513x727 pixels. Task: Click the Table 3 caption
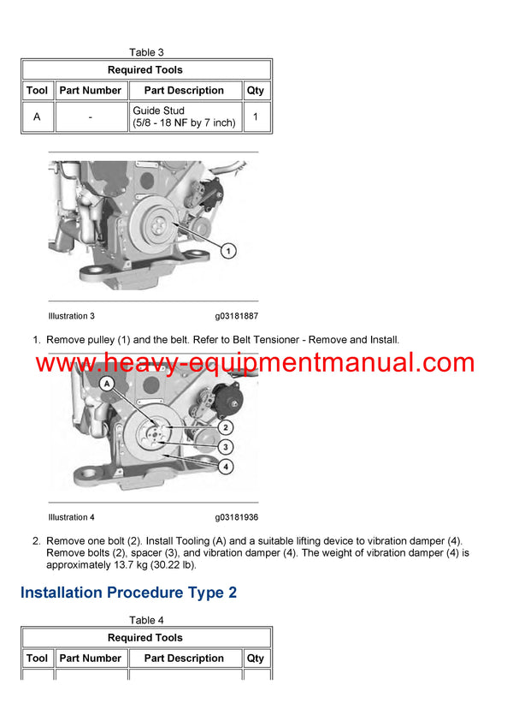pos(146,52)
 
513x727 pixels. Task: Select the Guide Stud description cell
pos(184,117)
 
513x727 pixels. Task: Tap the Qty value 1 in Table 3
pos(256,117)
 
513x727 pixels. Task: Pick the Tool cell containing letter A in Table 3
pos(37,117)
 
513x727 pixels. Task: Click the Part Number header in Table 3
pos(91,91)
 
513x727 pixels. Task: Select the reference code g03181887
pos(237,317)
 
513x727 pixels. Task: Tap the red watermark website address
pos(256,363)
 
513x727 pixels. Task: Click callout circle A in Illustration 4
pos(108,384)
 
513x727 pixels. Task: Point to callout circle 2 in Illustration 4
pos(225,426)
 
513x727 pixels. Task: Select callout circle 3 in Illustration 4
pos(225,446)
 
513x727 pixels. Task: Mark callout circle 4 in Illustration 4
pos(225,467)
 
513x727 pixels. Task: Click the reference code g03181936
pos(237,517)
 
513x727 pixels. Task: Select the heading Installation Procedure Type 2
pos(128,593)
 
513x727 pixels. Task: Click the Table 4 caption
pos(146,620)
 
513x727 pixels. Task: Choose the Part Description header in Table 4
pos(184,658)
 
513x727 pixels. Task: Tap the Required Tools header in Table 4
pos(145,638)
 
